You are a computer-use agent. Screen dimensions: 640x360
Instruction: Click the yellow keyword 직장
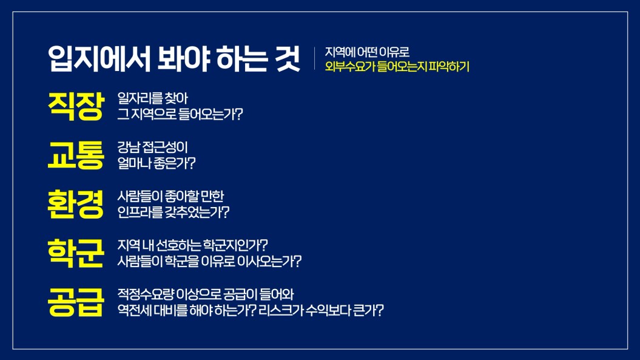tap(76, 106)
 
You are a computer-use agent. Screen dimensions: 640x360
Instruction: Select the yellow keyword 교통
tap(76, 155)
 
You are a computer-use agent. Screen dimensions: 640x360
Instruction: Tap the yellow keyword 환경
tap(76, 204)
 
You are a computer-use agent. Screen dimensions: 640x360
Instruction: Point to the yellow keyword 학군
tap(76, 253)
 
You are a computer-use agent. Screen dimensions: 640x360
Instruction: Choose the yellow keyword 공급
tap(76, 302)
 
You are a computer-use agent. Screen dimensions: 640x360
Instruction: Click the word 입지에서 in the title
tap(99, 58)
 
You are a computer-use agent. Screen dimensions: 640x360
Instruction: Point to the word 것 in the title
tap(288, 58)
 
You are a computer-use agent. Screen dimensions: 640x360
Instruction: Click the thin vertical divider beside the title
tap(315, 58)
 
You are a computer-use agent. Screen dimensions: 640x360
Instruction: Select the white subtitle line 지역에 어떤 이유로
tap(367, 52)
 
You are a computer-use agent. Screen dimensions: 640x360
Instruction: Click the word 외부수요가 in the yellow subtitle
tap(350, 66)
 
